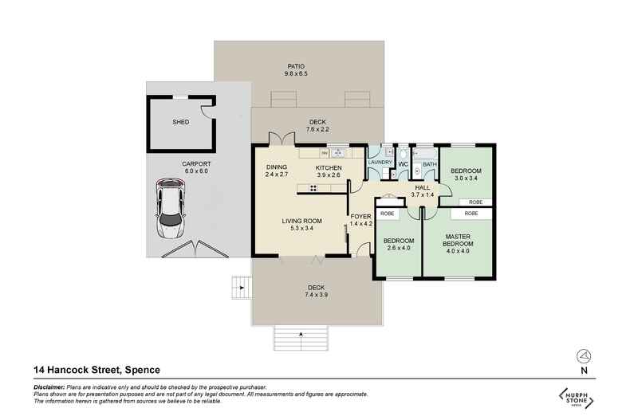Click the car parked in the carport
click(x=171, y=210)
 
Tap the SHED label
click(x=181, y=123)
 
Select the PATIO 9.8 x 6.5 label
click(x=295, y=70)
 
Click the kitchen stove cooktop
click(x=314, y=189)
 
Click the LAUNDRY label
click(x=380, y=163)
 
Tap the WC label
click(x=403, y=164)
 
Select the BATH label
click(x=429, y=164)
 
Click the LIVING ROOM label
click(x=301, y=225)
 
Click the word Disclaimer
click(x=49, y=387)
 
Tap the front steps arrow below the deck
click(x=301, y=334)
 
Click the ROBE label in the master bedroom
click(x=471, y=214)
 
